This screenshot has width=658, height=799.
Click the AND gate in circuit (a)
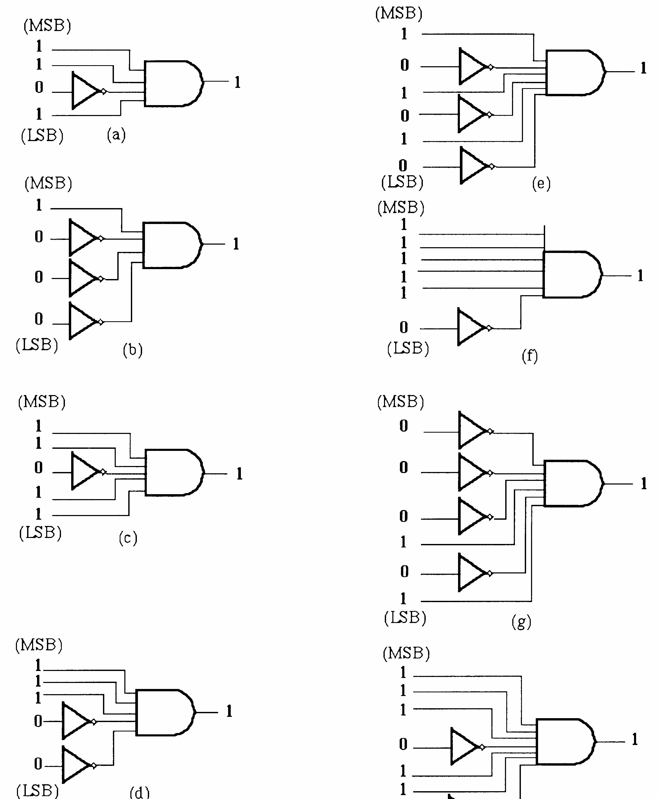(174, 83)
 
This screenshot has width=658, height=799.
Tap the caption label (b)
(133, 350)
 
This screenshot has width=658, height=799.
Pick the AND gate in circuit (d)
(166, 713)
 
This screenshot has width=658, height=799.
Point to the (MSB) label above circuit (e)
(399, 14)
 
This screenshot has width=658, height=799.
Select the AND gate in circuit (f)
(572, 274)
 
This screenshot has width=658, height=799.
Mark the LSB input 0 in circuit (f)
(404, 327)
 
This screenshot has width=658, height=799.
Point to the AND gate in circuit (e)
(576, 72)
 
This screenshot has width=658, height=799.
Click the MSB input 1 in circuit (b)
(39, 205)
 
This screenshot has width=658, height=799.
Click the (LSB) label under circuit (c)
(40, 532)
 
